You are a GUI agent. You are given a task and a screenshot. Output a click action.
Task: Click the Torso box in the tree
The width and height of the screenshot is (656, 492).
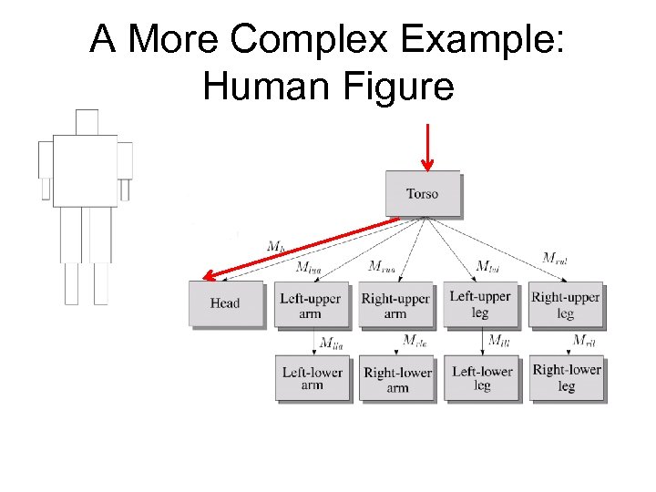(423, 193)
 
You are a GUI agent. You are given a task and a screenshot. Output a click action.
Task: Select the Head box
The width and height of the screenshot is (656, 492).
(225, 303)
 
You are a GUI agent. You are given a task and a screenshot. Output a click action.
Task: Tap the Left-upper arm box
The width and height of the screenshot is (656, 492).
(310, 305)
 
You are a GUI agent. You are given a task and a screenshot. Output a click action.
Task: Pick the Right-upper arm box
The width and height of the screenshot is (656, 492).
(395, 305)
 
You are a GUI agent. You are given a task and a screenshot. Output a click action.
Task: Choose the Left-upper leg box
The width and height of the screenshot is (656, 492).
(480, 304)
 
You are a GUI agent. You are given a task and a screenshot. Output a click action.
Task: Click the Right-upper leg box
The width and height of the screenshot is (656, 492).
(566, 304)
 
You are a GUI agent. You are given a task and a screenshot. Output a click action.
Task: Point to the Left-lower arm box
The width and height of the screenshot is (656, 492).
(312, 378)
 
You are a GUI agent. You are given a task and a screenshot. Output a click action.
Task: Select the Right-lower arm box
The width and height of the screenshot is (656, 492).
(397, 379)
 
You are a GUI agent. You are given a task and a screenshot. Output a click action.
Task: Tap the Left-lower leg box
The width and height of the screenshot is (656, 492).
(482, 378)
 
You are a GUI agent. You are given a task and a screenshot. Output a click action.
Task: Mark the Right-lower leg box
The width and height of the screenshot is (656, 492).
(567, 377)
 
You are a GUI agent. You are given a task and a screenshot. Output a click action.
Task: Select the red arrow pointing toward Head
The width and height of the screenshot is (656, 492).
(301, 247)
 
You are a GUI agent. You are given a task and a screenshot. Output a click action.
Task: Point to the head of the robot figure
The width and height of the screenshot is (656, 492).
(87, 121)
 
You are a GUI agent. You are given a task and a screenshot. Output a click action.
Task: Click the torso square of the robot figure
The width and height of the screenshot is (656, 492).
(85, 170)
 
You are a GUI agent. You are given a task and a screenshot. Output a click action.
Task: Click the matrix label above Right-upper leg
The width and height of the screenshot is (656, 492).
(555, 258)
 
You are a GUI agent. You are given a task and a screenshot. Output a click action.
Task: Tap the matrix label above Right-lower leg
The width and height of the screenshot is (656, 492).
(582, 341)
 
